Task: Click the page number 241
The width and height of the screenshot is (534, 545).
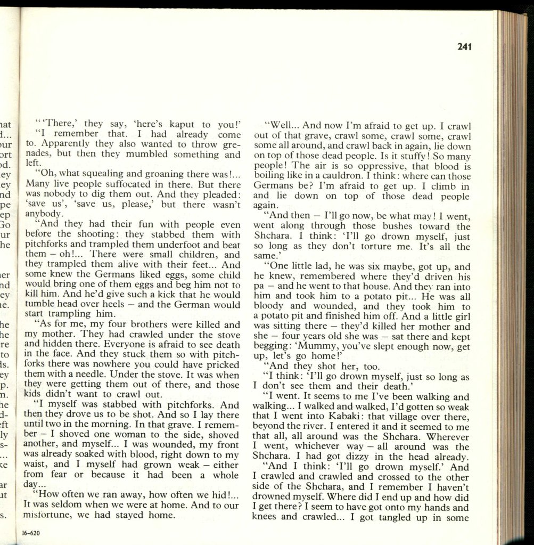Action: click(x=464, y=47)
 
